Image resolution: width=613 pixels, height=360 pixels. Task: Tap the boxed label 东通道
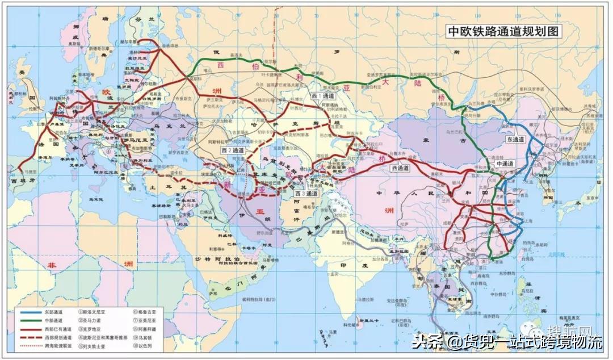pyautogui.click(x=516, y=139)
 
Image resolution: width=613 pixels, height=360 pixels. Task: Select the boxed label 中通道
pyautogui.click(x=504, y=164)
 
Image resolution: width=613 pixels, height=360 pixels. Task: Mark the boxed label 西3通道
pyautogui.click(x=306, y=194)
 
